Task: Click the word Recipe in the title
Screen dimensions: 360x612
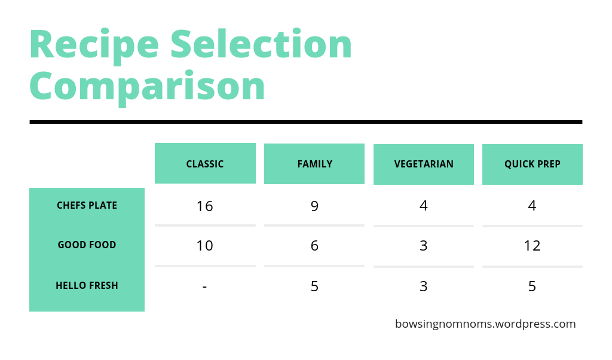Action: point(94,45)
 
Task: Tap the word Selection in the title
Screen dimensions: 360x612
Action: point(261,45)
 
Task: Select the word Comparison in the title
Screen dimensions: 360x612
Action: point(147,86)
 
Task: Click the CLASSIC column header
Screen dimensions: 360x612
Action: point(205,164)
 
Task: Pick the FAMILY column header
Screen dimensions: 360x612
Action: point(314,164)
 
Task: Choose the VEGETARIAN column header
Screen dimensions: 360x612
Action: point(424,164)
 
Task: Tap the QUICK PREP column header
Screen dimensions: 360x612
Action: point(532,164)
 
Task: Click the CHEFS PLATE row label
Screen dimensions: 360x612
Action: point(87,206)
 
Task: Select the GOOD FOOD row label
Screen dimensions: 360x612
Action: point(87,245)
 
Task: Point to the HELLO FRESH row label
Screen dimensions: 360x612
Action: point(87,286)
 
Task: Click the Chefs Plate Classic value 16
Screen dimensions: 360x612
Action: point(204,206)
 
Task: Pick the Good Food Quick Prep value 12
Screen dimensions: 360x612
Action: point(532,246)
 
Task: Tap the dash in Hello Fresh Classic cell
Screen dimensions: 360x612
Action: point(204,287)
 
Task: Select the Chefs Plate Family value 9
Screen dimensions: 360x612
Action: point(314,206)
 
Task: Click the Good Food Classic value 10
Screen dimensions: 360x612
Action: point(204,246)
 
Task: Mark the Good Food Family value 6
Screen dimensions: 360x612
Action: point(314,246)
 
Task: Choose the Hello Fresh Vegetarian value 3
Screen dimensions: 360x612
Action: point(423,286)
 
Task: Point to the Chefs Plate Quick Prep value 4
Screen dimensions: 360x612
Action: point(532,206)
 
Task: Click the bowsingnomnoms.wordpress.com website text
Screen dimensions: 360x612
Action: point(485,324)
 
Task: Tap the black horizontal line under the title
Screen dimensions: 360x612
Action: point(305,122)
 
